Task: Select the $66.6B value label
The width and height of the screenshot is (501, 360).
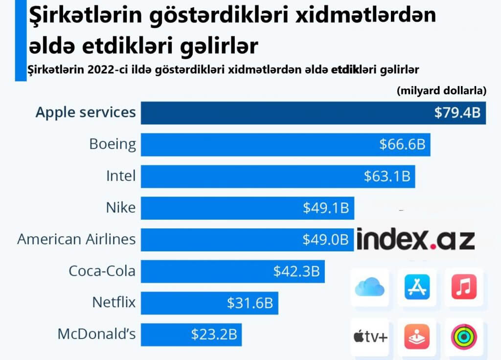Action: coord(402,144)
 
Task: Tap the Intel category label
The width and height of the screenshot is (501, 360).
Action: coord(120,176)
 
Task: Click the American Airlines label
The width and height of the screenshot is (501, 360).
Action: coord(76,240)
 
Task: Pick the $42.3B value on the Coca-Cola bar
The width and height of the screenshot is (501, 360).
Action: coord(296,271)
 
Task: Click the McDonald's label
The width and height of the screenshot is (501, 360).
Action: coord(96,335)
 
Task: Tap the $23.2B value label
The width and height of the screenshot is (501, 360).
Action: coord(214,335)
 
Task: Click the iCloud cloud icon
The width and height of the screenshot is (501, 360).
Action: coord(369,287)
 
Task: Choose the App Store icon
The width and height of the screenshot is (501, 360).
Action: coord(417,287)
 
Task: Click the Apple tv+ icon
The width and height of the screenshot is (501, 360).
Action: coord(369,337)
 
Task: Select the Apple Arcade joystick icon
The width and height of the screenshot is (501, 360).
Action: coord(417,337)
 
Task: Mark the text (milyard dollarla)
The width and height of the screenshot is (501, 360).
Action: coord(441,90)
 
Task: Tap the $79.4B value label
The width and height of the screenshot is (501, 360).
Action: coord(457,113)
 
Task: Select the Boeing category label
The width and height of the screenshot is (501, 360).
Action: coord(113,144)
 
